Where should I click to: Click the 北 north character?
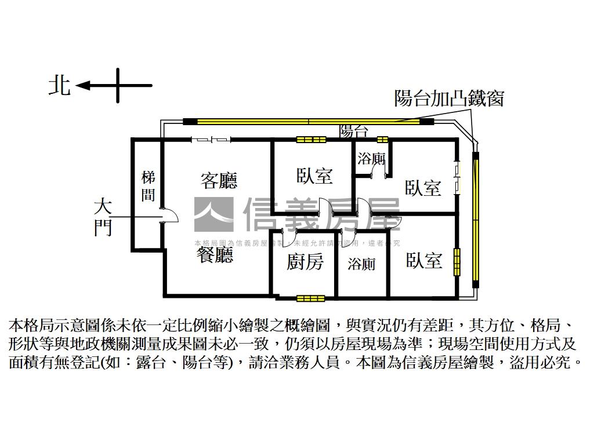click(x=59, y=86)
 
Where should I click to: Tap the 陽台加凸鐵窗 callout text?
click(x=448, y=98)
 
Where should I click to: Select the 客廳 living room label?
click(x=219, y=181)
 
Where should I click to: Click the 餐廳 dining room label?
click(x=215, y=255)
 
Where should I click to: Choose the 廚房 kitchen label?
click(x=305, y=262)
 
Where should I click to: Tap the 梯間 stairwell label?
click(x=148, y=185)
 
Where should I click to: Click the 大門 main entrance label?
click(x=103, y=217)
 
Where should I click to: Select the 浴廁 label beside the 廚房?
click(x=361, y=264)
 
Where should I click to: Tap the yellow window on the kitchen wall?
click(x=311, y=298)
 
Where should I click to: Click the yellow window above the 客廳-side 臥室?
click(x=312, y=140)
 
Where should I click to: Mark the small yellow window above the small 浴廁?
click(x=382, y=140)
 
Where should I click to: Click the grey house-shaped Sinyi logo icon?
click(x=213, y=215)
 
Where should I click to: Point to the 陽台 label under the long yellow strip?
click(x=354, y=131)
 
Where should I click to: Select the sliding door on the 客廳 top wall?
click(x=212, y=139)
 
